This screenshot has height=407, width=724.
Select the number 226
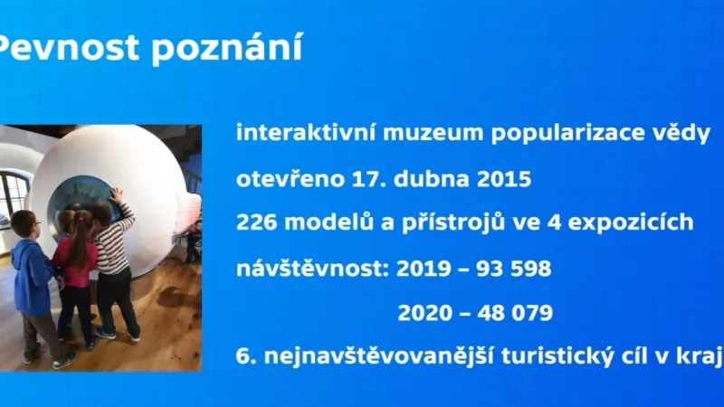256,223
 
